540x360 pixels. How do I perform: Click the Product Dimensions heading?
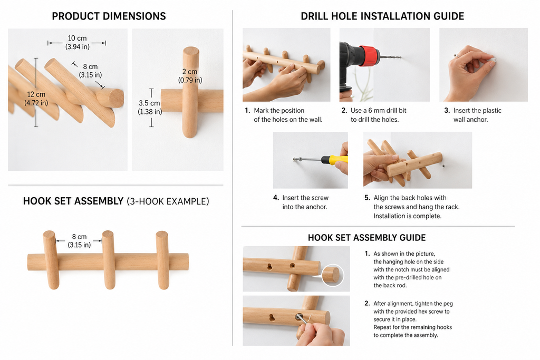tap(109, 16)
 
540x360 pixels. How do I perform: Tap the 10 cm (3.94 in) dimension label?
tap(77, 42)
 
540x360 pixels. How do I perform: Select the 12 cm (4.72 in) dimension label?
tap(36, 99)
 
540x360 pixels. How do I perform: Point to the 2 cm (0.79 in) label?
tap(190, 76)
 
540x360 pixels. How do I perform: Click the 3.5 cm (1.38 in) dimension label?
tap(150, 108)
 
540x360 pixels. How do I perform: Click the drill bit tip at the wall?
tap(401, 57)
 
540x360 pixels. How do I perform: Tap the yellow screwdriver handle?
tap(334, 160)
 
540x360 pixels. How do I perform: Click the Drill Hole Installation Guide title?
tap(382, 16)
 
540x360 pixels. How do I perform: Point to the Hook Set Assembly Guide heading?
tap(367, 238)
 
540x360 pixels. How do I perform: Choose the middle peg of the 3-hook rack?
tap(109, 260)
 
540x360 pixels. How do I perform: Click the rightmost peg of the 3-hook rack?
tap(162, 260)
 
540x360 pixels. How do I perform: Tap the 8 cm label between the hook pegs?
tap(79, 240)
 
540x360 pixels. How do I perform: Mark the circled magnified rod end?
tap(332, 275)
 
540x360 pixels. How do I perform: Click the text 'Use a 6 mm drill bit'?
tap(379, 111)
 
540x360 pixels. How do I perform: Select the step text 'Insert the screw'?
tap(305, 198)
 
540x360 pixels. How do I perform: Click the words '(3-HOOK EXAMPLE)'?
tap(168, 201)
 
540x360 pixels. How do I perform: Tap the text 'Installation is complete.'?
tap(408, 216)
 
